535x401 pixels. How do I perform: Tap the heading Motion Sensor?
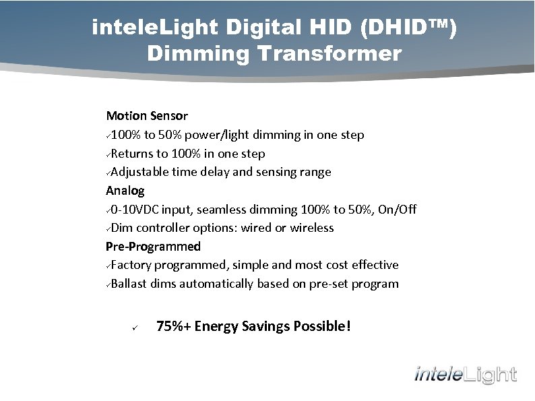coord(147,116)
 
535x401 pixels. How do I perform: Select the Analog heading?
coord(125,191)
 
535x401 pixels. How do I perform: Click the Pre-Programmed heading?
coord(153,247)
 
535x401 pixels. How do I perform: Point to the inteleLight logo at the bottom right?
coord(466,375)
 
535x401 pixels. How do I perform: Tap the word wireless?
coord(312,228)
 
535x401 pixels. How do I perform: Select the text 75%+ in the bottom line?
coord(173,327)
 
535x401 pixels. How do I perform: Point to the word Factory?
coord(132,265)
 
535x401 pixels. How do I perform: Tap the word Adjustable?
coord(139,172)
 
